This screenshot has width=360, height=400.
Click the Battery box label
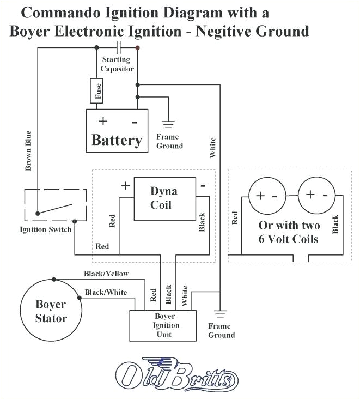(x=117, y=140)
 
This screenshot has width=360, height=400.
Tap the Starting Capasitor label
(x=115, y=64)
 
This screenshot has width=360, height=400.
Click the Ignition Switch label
(x=45, y=229)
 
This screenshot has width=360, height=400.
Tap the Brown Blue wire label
(x=28, y=150)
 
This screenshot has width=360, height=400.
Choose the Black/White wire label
(x=106, y=293)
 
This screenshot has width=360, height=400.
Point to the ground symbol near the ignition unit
(x=221, y=314)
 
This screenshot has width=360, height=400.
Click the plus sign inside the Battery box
(x=102, y=121)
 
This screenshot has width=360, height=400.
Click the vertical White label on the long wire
(x=212, y=148)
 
